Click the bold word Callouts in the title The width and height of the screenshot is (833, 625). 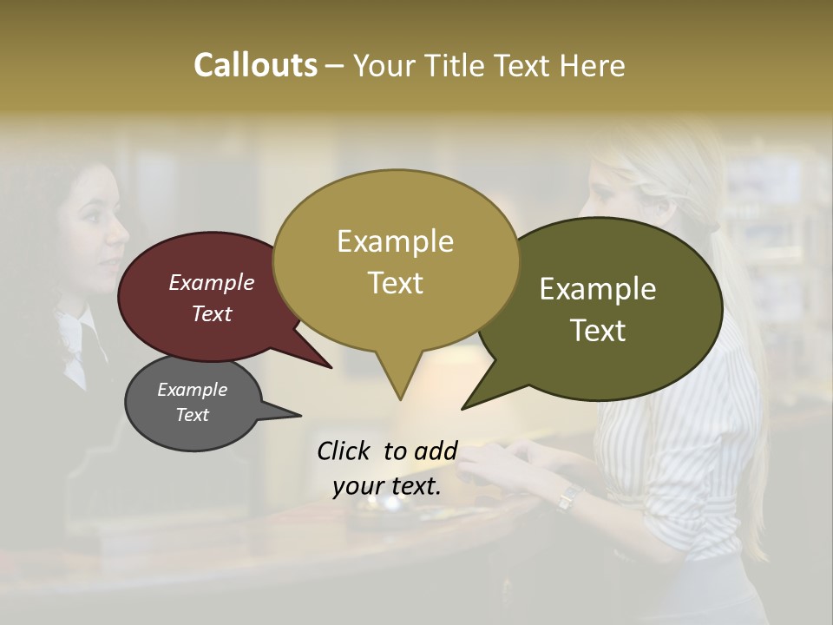click(255, 65)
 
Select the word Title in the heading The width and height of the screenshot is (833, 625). click(457, 65)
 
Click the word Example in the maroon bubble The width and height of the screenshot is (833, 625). click(211, 282)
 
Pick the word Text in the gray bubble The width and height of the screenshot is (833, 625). click(192, 415)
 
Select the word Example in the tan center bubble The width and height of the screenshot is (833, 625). click(395, 241)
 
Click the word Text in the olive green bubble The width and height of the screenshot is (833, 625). click(598, 330)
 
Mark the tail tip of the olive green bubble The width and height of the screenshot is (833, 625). click(463, 408)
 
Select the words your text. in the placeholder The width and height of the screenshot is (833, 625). click(386, 486)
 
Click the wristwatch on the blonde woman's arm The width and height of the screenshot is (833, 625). click(568, 497)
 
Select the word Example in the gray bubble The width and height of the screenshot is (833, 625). click(192, 390)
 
